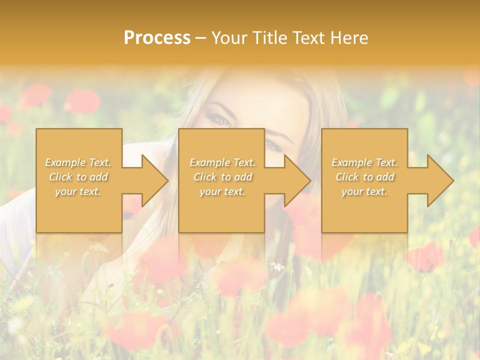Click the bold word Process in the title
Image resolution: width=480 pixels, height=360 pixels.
click(x=157, y=38)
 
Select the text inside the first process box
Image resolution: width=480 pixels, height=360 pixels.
click(x=78, y=177)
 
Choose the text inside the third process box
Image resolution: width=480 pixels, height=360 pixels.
click(x=364, y=177)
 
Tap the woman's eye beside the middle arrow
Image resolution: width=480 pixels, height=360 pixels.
click(x=273, y=145)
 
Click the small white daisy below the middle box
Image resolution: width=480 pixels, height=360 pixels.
click(x=276, y=266)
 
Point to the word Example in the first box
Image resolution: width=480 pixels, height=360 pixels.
click(x=65, y=162)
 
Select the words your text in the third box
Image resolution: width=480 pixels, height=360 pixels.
click(x=364, y=191)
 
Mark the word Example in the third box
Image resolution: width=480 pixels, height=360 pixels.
click(x=351, y=162)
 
